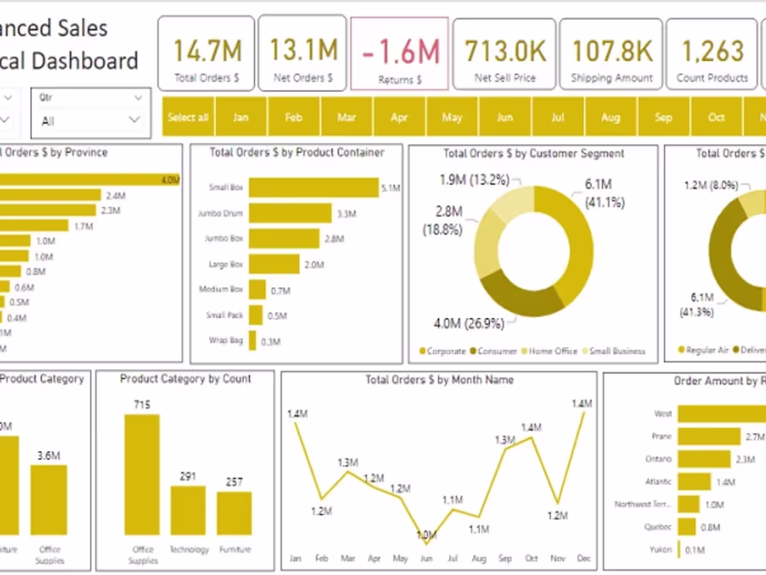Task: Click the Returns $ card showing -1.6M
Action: (399, 54)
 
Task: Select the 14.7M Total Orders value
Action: (207, 51)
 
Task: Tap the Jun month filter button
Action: (504, 117)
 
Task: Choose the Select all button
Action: (188, 117)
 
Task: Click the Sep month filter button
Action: (663, 117)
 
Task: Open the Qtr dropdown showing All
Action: (91, 121)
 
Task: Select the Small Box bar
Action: (313, 187)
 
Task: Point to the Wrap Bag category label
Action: (226, 341)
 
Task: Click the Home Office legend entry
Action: (553, 351)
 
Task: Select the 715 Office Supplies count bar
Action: (142, 474)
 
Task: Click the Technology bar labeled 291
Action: (188, 510)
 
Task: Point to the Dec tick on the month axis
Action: (584, 558)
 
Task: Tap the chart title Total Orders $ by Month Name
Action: (439, 380)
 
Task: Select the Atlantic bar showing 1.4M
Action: (694, 482)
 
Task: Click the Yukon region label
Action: (661, 549)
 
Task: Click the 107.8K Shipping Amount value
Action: (611, 51)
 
